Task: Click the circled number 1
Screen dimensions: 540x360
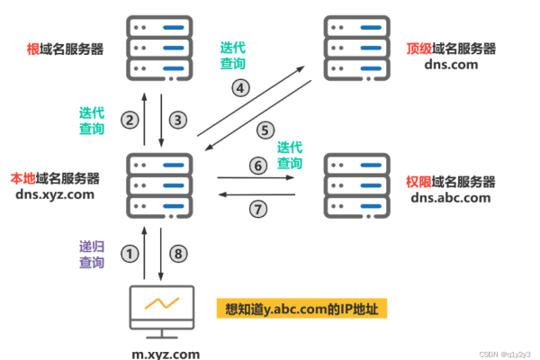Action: pos(130,254)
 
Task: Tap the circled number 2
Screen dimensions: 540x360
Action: pos(130,121)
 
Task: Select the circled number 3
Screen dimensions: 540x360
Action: pos(178,121)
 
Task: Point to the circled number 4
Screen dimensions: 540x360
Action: pos(240,88)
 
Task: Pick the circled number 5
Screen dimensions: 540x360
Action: pos(265,130)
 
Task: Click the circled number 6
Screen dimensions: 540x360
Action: pos(258,166)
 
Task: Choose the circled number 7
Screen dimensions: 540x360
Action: pos(258,209)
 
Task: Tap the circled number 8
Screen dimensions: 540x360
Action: pos(178,254)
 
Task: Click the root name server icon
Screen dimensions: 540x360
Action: pos(159,49)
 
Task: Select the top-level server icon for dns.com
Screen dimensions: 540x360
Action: pos(356,49)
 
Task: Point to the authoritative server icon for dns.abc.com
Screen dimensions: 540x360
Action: pos(356,185)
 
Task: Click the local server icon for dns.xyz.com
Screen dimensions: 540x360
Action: pos(159,185)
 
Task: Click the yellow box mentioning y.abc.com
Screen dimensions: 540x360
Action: pos(301,309)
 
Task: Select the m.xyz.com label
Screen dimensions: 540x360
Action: pos(166,354)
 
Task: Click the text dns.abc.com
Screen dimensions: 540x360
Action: pos(451,198)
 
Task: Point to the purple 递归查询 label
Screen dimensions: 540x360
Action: pos(92,255)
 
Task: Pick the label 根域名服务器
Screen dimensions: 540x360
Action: pos(65,49)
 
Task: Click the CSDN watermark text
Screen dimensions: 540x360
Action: pos(505,355)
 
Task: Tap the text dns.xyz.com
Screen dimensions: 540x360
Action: pos(55,194)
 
